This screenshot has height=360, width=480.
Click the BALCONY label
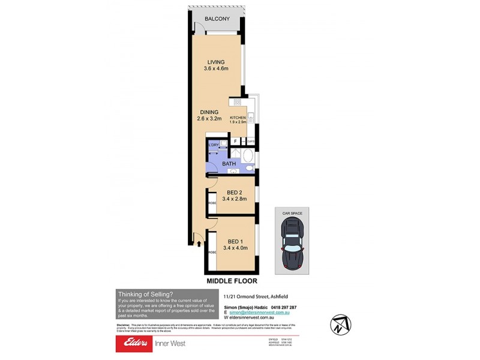pos(217,19)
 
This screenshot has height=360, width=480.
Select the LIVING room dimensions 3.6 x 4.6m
pos(215,69)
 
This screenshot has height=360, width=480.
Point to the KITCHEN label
pos(238,118)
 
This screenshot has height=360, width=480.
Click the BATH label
pos(229,163)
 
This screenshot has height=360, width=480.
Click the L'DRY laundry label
pos(213,145)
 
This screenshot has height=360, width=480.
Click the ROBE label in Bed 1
pos(212,253)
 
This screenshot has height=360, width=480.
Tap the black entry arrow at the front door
pos(199,243)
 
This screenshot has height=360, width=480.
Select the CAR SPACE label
pos(292,212)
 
